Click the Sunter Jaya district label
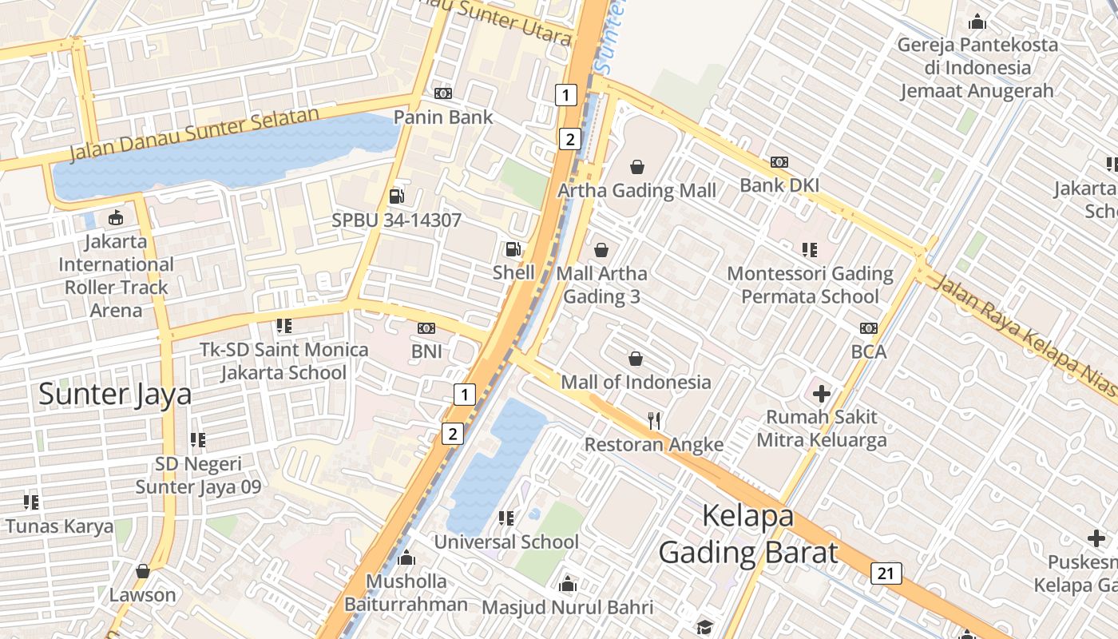coord(115,394)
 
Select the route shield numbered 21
coord(886,573)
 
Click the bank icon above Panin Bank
coord(443,93)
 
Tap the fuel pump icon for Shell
coord(513,249)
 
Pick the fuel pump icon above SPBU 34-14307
coord(396,196)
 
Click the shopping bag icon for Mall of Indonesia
coord(636,359)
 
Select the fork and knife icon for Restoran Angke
coord(654,421)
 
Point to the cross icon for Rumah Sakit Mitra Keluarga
coord(822,393)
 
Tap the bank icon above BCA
coord(869,328)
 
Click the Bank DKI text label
coord(779,185)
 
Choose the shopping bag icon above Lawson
coord(143,571)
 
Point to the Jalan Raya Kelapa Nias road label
coord(1026,336)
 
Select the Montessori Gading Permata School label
coord(810,285)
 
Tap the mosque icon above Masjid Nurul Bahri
coord(568,584)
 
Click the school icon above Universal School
coord(505,518)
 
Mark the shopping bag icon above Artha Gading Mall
coord(637,167)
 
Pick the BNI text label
coord(426,351)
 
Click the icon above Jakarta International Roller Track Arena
coord(116,217)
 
